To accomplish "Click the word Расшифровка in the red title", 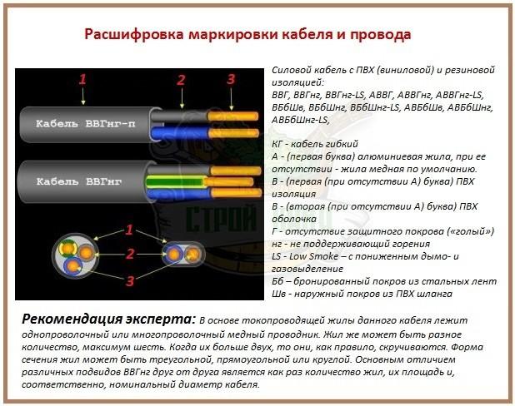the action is click(x=133, y=34).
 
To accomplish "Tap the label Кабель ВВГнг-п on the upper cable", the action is click(x=85, y=124).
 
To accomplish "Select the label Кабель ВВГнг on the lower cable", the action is click(x=79, y=181).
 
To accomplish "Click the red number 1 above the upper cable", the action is click(x=82, y=79).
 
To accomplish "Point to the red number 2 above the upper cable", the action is click(x=181, y=80).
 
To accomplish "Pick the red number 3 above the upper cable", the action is click(x=231, y=79).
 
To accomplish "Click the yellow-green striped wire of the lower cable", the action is click(x=177, y=181).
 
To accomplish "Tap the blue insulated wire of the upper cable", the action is click(x=179, y=133).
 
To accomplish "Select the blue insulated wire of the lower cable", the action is click(x=179, y=194).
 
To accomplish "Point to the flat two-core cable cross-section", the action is click(x=183, y=254).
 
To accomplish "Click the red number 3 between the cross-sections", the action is click(x=130, y=280).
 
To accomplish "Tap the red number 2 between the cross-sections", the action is click(x=130, y=254).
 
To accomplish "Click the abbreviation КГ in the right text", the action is click(x=277, y=144).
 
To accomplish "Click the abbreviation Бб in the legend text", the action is click(x=277, y=281).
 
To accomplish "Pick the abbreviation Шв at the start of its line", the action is click(x=277, y=294).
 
